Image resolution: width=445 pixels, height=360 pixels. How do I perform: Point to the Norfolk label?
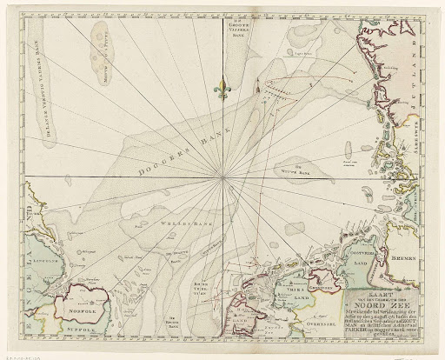click(x=76, y=304)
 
